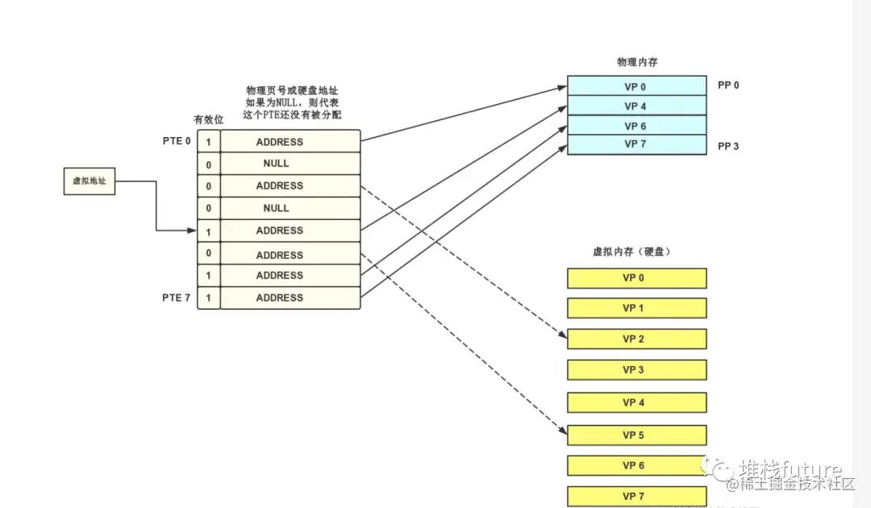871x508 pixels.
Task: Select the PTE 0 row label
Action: click(177, 141)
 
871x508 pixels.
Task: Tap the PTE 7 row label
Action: click(177, 298)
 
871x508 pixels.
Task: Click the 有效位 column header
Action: click(208, 119)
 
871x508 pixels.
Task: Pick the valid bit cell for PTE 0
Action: click(208, 142)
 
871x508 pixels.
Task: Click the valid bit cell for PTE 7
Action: click(208, 298)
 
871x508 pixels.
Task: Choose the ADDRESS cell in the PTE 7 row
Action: click(279, 298)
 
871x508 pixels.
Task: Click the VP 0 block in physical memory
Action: click(636, 85)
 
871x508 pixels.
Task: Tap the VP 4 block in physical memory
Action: click(636, 106)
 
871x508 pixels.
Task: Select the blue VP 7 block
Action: click(636, 144)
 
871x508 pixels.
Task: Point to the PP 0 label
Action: click(728, 85)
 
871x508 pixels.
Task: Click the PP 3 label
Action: click(728, 146)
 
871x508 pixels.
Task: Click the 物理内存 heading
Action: click(636, 62)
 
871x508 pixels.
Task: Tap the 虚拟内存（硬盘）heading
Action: click(632, 252)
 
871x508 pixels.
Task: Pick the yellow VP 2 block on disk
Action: click(636, 339)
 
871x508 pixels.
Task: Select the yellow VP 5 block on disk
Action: click(636, 435)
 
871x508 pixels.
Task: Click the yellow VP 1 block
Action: click(636, 308)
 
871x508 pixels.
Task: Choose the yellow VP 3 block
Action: click(636, 370)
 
